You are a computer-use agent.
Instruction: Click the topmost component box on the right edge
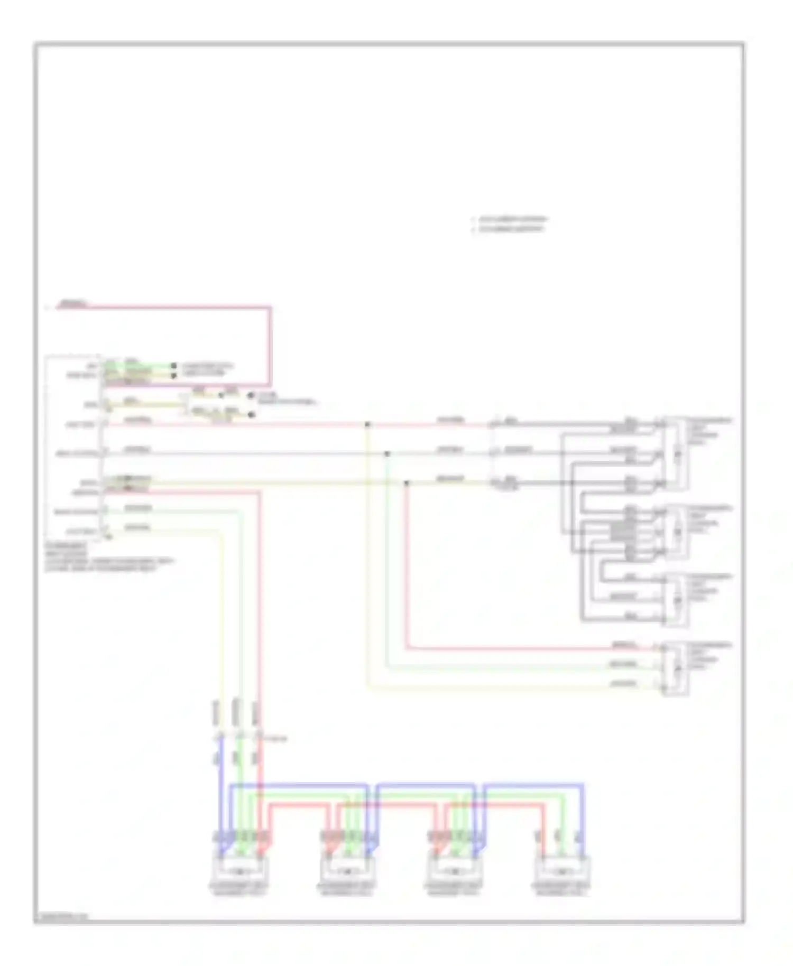click(676, 453)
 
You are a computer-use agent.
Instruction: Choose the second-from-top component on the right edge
click(676, 532)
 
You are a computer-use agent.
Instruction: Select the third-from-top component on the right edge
click(676, 600)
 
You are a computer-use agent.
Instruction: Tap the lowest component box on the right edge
click(676, 668)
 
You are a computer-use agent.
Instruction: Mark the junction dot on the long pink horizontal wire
click(367, 424)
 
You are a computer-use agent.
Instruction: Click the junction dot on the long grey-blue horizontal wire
click(387, 453)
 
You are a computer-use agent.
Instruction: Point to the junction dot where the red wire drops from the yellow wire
click(406, 482)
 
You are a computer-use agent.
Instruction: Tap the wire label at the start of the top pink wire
click(74, 303)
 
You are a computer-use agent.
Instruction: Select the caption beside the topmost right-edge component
click(708, 431)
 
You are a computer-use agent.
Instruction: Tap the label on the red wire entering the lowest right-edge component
click(624, 645)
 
